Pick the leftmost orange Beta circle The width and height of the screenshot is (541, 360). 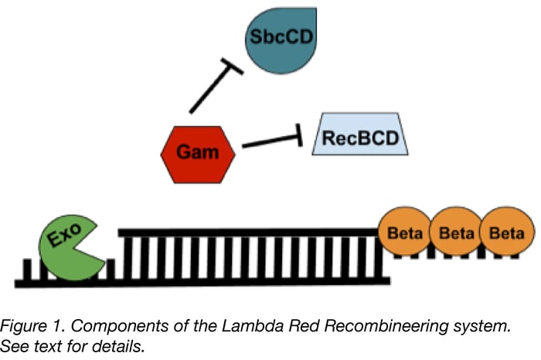(x=404, y=231)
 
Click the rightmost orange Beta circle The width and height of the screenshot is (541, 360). (x=506, y=231)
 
